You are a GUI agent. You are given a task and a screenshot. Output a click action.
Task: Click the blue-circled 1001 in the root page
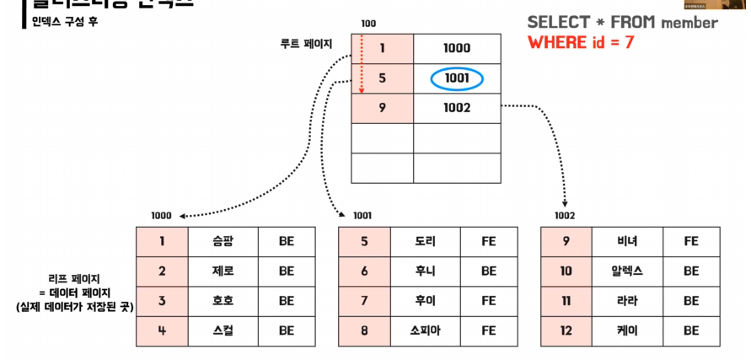coord(456,79)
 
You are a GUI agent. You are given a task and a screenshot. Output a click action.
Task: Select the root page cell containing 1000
coord(456,49)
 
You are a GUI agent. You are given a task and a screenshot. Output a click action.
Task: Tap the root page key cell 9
coord(382,108)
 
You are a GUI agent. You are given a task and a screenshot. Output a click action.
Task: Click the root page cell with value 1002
coord(456,108)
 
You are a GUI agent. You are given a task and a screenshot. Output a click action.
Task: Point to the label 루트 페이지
coord(306,42)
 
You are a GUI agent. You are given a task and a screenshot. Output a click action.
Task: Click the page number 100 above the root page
coord(368,24)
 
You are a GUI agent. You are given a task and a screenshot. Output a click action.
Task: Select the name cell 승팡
coord(223,241)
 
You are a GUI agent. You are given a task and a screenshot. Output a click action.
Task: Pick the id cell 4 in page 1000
coord(162,330)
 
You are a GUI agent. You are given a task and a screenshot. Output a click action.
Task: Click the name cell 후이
coord(425,300)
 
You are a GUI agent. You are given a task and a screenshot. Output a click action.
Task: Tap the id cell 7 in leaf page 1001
coord(364,300)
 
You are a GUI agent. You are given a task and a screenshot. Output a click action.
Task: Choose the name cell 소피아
coord(425,330)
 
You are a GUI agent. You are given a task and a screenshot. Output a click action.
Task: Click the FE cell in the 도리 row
coord(489,241)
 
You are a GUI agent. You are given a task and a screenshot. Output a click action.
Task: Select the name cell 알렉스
coord(627,271)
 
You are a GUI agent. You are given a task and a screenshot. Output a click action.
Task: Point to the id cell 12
coord(566,330)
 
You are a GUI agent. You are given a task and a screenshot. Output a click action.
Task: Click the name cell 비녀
coord(627,241)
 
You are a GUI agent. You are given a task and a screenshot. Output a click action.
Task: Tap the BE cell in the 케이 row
coord(691,330)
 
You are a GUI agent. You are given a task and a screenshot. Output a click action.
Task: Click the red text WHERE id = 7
coord(581,42)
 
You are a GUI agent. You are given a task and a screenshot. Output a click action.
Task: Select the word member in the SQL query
coord(689,22)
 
